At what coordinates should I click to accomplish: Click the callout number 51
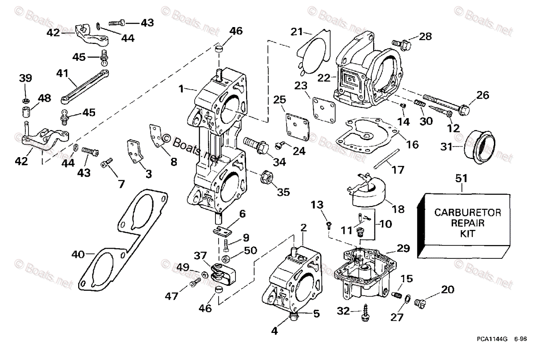pos(461,178)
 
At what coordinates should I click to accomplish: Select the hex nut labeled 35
pos(266,177)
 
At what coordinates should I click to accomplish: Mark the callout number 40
pos(79,255)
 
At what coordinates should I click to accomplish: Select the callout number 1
pos(181,88)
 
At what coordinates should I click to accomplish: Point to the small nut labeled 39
pos(26,96)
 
